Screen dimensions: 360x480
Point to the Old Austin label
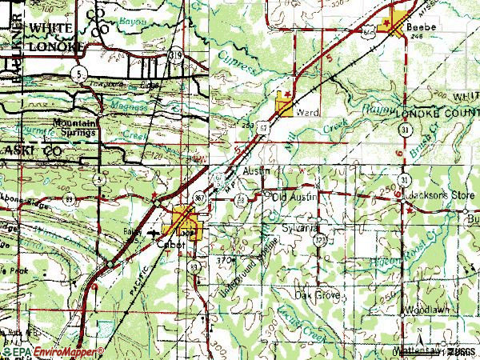pos(296,196)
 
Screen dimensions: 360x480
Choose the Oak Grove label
pos(318,296)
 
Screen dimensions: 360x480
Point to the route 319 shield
pos(175,53)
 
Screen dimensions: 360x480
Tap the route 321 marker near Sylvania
pos(319,240)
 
